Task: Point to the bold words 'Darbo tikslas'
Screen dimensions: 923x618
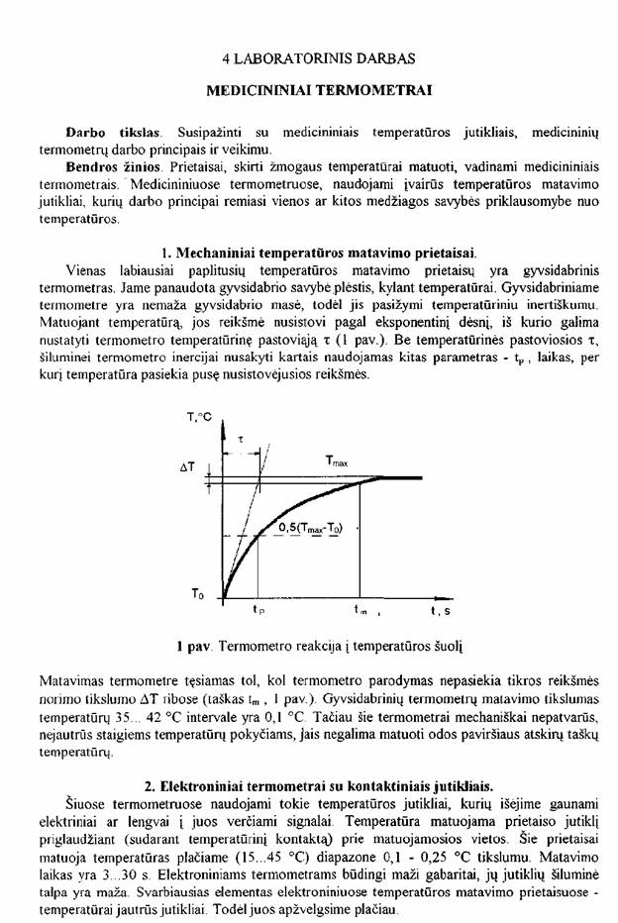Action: coord(113,131)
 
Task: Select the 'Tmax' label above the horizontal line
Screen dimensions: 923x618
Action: coord(338,461)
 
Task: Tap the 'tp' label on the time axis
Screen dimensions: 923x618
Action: coord(258,612)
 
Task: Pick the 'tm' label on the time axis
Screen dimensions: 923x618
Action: coord(361,612)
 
